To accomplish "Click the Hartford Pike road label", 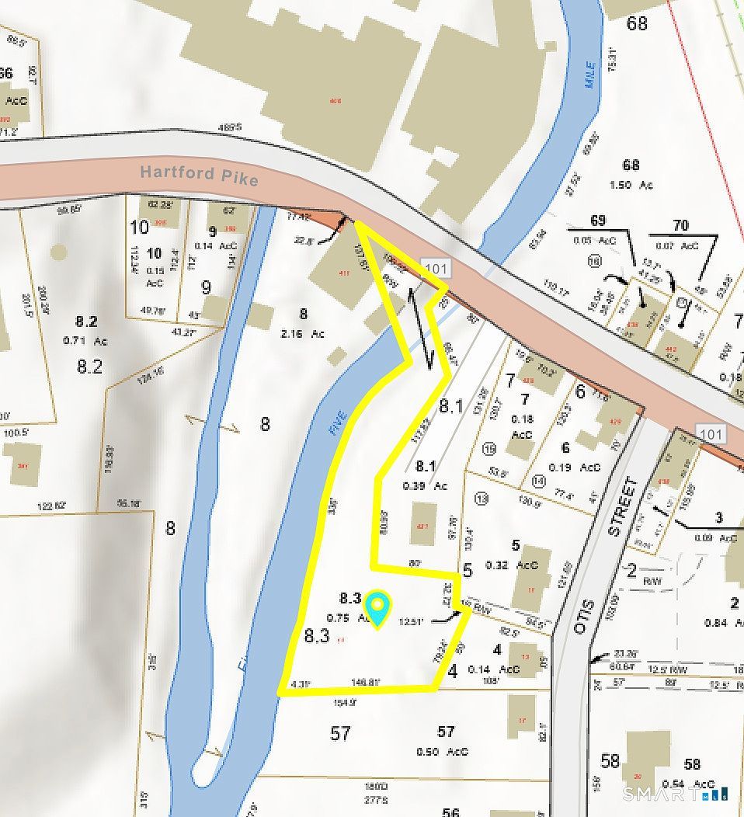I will (x=200, y=175).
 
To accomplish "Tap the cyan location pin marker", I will (x=377, y=608).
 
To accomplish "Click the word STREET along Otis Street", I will (x=622, y=507).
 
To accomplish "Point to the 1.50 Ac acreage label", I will (x=635, y=185).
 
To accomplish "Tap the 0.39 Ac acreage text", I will (x=430, y=486).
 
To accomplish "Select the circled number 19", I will (x=489, y=448).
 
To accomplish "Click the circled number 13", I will (x=482, y=499).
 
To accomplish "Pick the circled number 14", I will (x=540, y=482).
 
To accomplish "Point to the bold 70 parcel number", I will (x=680, y=226).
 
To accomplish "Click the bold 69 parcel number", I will (x=597, y=221).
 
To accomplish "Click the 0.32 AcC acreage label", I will (x=512, y=565).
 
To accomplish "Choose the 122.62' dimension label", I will (x=53, y=506).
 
